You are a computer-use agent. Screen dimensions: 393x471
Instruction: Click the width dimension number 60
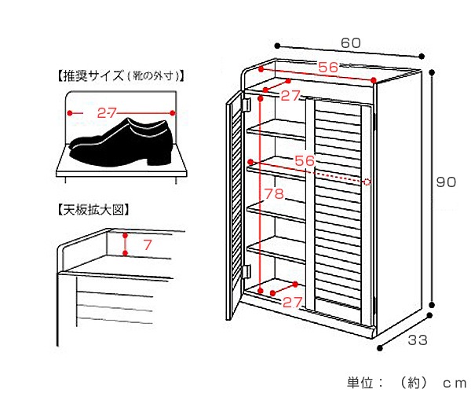[x=350, y=42]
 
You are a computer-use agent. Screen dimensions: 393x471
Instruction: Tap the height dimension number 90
[x=446, y=182]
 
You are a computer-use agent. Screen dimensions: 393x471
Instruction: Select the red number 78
[x=273, y=194]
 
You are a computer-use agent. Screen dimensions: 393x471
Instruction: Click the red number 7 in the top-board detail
[x=147, y=246]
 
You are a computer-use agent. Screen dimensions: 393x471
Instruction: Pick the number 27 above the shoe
[x=108, y=113]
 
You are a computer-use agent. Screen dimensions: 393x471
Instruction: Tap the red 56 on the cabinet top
[x=328, y=68]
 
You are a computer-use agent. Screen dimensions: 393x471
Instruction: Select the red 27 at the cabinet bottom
[x=292, y=302]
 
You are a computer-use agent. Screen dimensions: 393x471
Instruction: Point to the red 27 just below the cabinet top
[x=290, y=96]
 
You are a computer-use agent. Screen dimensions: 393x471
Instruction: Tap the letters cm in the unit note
[x=454, y=383]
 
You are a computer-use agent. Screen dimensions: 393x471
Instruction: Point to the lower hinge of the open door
[x=245, y=272]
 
